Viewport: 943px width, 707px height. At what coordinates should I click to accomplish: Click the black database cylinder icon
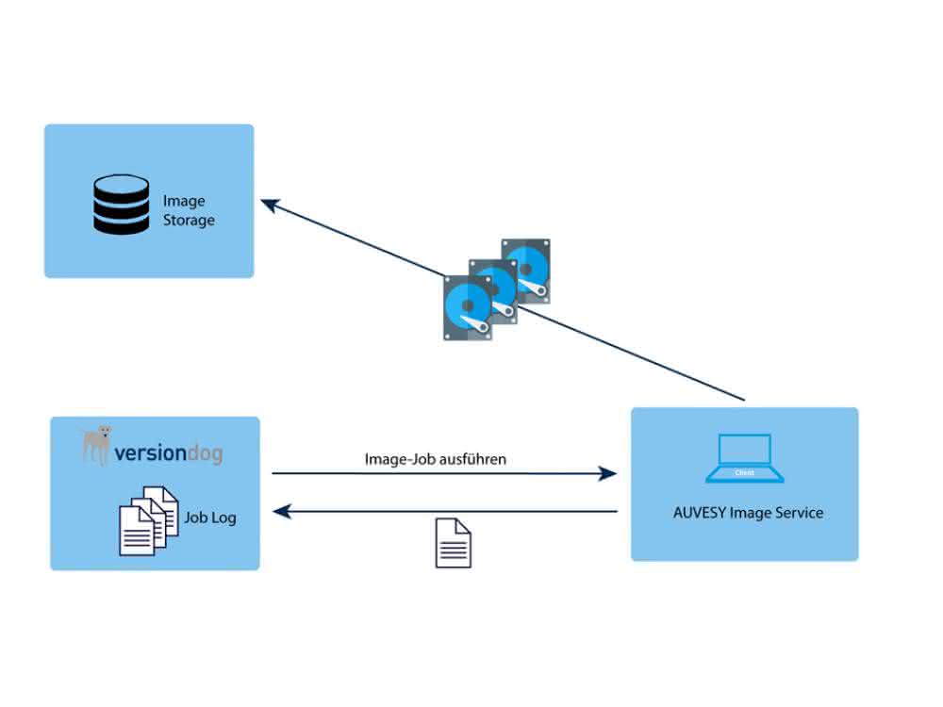[121, 205]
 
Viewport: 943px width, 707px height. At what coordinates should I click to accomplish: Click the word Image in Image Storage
[184, 201]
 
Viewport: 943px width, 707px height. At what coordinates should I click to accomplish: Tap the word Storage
[189, 220]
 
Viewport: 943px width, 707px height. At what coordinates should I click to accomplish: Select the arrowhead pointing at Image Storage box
[270, 205]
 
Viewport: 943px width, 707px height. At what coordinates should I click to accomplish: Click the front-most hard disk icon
[468, 308]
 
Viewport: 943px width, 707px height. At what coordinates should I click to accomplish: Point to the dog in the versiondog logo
[96, 445]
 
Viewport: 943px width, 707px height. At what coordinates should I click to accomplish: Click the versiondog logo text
[169, 452]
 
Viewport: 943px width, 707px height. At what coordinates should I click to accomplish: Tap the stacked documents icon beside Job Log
[149, 520]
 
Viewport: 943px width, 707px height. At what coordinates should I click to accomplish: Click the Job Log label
[210, 518]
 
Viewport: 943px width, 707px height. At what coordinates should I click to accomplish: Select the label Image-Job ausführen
[436, 459]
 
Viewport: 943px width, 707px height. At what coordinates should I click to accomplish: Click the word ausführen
[471, 459]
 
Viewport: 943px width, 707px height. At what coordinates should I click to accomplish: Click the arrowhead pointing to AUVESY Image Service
[607, 474]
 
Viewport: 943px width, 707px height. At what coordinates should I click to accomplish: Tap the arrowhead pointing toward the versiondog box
[282, 512]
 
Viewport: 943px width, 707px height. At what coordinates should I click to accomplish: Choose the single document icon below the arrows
[454, 543]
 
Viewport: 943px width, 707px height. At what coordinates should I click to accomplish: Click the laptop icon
[745, 458]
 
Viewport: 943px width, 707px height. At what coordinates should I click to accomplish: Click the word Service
[800, 513]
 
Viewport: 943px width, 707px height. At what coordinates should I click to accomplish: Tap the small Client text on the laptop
[745, 473]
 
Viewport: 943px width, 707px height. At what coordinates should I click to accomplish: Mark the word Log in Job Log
[223, 518]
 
